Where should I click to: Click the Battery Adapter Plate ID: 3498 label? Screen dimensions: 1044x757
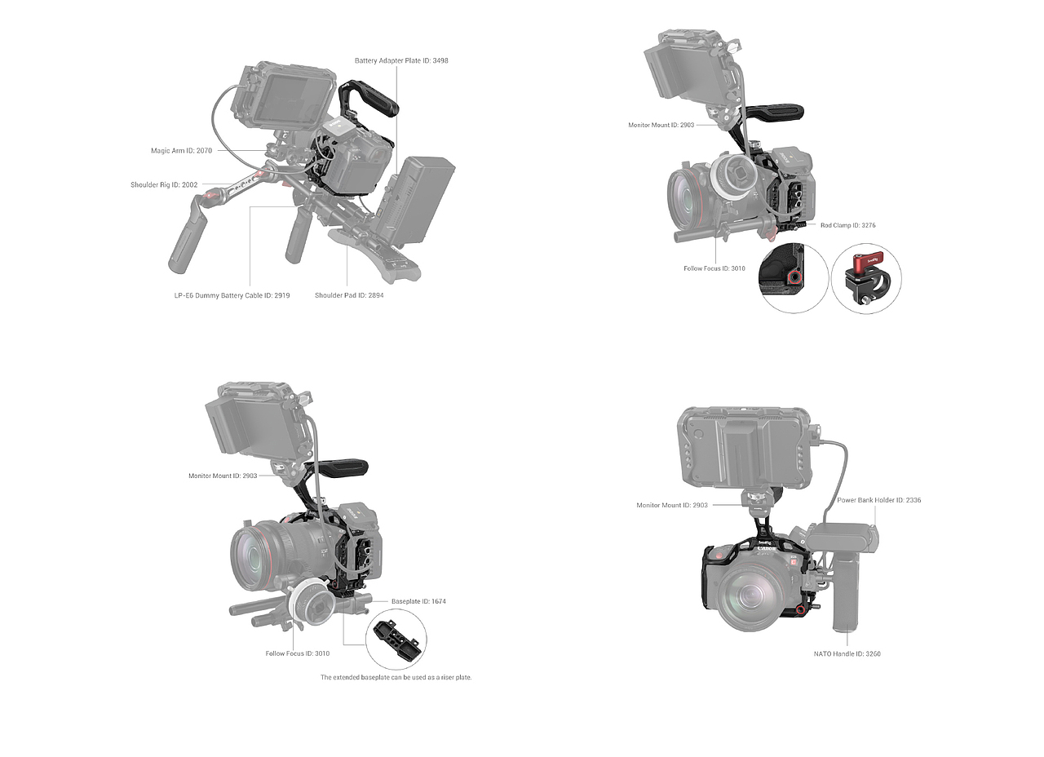[401, 60]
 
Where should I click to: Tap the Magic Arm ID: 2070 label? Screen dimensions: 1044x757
[181, 151]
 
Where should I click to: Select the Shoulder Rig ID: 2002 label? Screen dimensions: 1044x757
[164, 184]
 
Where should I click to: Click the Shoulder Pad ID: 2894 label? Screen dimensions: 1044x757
[349, 295]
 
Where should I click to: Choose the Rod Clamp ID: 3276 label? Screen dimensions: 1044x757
[847, 225]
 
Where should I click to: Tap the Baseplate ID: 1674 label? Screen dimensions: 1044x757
[418, 601]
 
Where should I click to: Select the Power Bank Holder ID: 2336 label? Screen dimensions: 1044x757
[879, 500]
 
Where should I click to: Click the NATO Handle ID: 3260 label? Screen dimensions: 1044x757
[847, 654]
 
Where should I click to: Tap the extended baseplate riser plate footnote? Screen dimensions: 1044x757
[396, 677]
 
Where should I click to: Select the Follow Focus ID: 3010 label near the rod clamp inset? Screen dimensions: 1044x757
[714, 268]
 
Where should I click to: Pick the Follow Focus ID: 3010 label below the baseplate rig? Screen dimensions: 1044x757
[298, 653]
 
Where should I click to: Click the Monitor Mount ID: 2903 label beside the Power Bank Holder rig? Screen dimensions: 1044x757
[672, 505]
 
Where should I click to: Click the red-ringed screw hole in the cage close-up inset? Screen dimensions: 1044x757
[794, 279]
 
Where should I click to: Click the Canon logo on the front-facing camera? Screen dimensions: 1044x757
[766, 550]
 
